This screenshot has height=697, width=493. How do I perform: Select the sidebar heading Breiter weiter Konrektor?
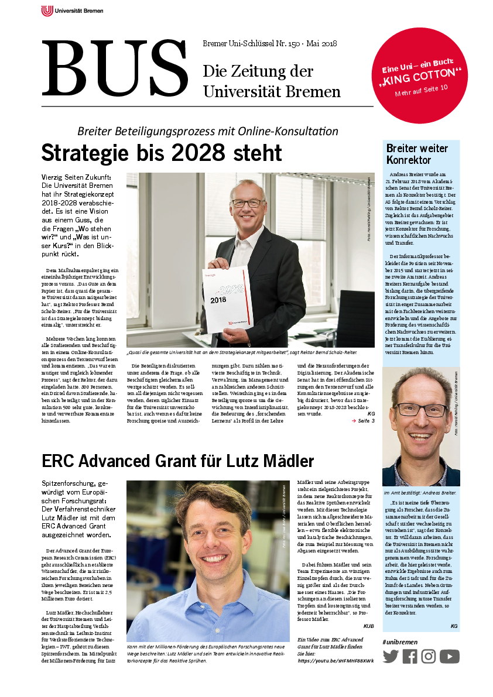point(417,154)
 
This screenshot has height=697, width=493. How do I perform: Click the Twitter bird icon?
point(391,656)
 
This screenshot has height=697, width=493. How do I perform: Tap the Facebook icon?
point(410,656)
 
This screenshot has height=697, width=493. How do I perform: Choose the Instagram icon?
point(429,656)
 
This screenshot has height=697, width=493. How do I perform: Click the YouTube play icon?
point(450,656)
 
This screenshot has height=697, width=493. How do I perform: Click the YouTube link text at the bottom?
point(335,661)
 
